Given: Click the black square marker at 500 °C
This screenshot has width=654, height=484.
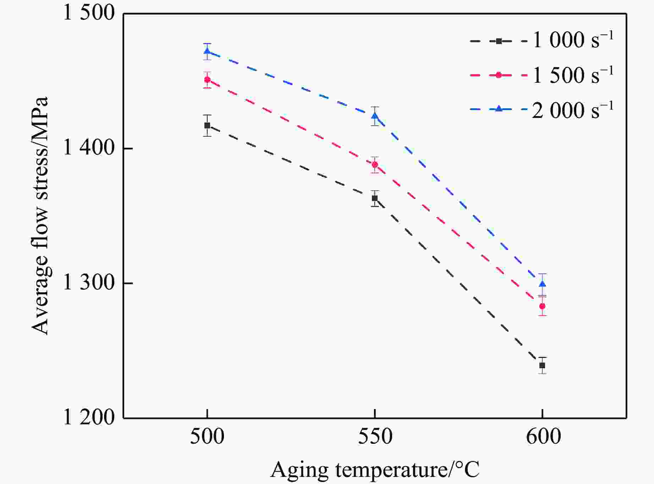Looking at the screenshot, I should pos(207,125).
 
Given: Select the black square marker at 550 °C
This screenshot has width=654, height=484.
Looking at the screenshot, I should pos(375,198).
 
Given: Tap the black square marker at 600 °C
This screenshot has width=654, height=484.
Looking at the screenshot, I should pos(542,365).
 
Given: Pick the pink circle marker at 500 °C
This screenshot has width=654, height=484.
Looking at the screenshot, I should pos(207,80).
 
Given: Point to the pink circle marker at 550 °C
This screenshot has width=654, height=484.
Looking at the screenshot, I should pos(375,164).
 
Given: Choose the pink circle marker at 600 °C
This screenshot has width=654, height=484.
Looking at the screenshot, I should pos(542,306).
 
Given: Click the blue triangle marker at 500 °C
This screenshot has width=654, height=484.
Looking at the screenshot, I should pos(207,51).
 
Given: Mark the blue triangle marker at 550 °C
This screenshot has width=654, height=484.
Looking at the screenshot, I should pos(375,116).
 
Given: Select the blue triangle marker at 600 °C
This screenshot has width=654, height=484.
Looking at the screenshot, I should pos(542,284).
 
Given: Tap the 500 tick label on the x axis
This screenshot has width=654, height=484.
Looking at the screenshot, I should pos(207,437).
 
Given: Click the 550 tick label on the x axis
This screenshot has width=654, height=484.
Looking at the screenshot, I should pos(375,437).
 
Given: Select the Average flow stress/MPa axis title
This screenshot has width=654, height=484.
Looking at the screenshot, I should pos(40,216).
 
